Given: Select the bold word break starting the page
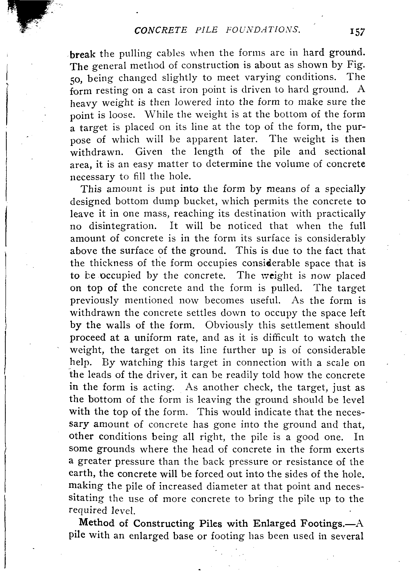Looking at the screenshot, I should click(x=82, y=54).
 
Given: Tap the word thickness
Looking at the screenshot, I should click(x=115, y=263).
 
